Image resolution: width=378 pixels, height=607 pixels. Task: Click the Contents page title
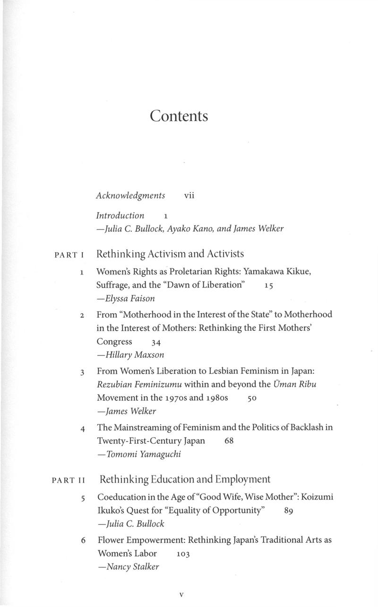pyautogui.click(x=179, y=116)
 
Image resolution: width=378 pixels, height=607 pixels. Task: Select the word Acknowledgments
pyautogui.click(x=130, y=195)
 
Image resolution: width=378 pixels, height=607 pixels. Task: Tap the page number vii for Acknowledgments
pyautogui.click(x=189, y=195)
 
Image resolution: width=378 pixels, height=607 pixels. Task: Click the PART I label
pyautogui.click(x=69, y=255)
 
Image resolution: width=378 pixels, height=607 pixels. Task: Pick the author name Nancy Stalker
pyautogui.click(x=128, y=567)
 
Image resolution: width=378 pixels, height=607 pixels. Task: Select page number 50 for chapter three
pyautogui.click(x=251, y=399)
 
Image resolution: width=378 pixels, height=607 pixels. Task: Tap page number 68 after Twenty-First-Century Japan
pyautogui.click(x=229, y=441)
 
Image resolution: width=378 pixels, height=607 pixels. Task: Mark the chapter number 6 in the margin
pyautogui.click(x=83, y=540)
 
